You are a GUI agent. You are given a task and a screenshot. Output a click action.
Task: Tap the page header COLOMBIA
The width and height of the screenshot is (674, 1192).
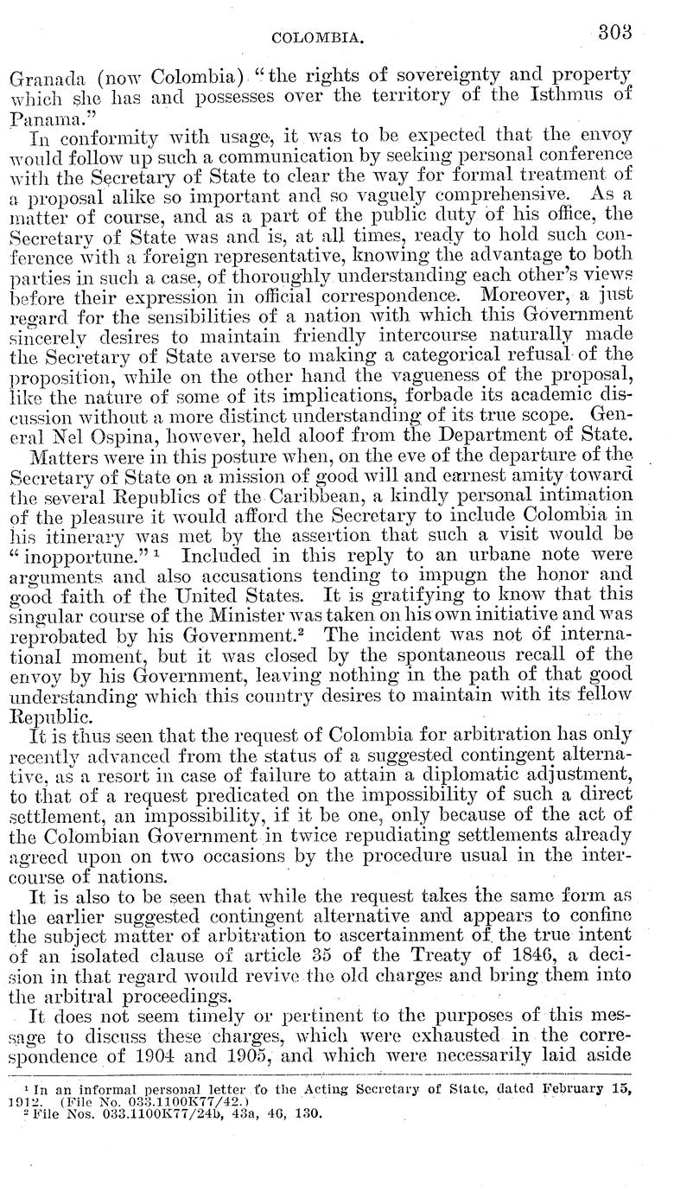click(x=315, y=38)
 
